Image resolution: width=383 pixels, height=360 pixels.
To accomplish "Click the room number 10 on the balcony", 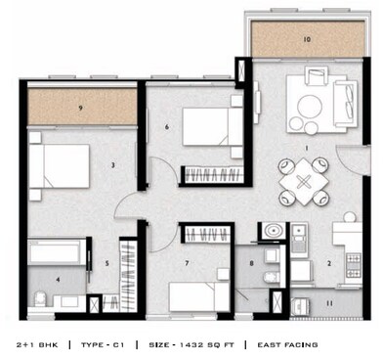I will (306, 40).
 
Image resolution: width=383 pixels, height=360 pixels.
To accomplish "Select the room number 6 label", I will (167, 127).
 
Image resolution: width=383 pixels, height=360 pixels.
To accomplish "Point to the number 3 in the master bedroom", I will (112, 165).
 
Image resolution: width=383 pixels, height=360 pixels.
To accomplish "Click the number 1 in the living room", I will (307, 149).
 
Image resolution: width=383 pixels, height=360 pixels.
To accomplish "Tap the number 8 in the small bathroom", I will (251, 263).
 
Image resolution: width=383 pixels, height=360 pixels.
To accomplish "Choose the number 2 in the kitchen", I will (329, 263).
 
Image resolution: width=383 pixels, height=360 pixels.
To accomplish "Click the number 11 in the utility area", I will (328, 304).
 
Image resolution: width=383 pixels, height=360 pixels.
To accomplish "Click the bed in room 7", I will (199, 296).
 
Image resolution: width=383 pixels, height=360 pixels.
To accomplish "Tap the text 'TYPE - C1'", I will (106, 344).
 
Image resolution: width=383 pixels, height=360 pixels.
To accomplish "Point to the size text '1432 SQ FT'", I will (195, 344).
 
